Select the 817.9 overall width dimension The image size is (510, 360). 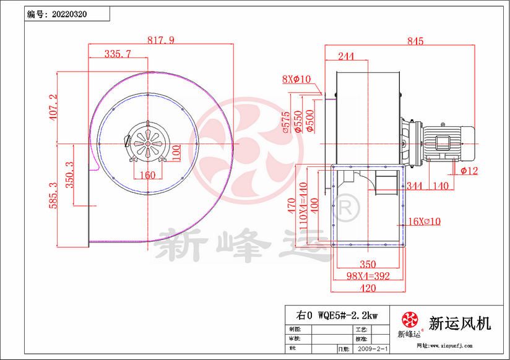pyautogui.click(x=161, y=40)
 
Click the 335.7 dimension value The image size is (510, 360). pyautogui.click(x=118, y=54)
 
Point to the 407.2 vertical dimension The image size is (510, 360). pyautogui.click(x=53, y=106)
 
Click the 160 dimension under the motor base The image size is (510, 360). pyautogui.click(x=147, y=175)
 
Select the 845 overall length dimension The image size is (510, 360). pyautogui.click(x=415, y=41)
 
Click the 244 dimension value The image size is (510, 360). pyautogui.click(x=347, y=56)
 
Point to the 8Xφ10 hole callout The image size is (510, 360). pyautogui.click(x=296, y=79)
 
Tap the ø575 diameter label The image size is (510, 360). pyautogui.click(x=285, y=122)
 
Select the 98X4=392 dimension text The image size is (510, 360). pyautogui.click(x=368, y=276)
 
